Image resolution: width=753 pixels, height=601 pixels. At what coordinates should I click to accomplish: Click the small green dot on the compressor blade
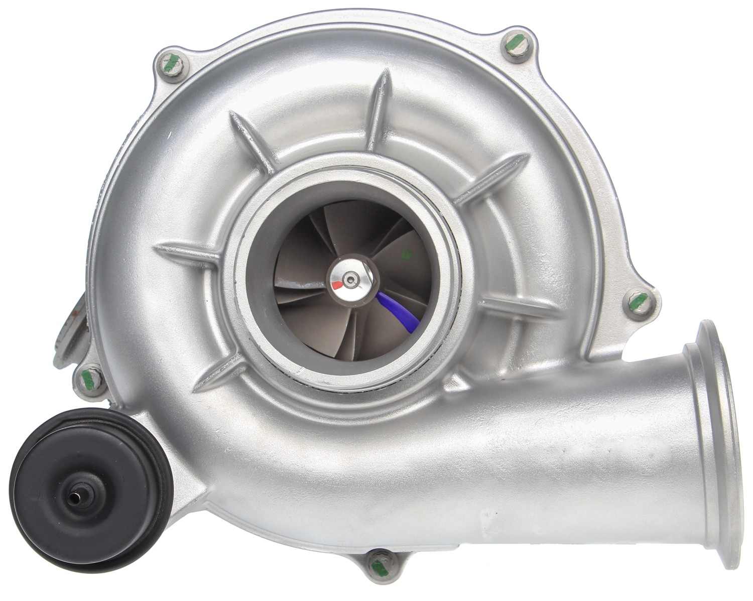pyautogui.click(x=407, y=255)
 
